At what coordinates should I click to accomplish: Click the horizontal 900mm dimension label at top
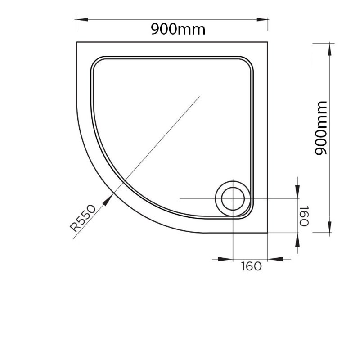click(178, 29)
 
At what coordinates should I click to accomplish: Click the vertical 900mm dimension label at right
click(320, 128)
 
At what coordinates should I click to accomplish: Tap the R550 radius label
click(83, 218)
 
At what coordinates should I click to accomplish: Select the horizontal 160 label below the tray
click(251, 266)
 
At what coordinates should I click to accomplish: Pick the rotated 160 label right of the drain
click(304, 216)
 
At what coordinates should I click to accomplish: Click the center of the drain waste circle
click(233, 199)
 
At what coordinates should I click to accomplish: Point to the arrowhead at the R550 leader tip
click(108, 200)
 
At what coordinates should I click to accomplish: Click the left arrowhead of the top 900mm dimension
click(82, 19)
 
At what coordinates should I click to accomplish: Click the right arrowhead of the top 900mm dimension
click(262, 19)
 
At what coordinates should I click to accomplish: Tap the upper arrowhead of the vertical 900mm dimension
click(330, 49)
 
